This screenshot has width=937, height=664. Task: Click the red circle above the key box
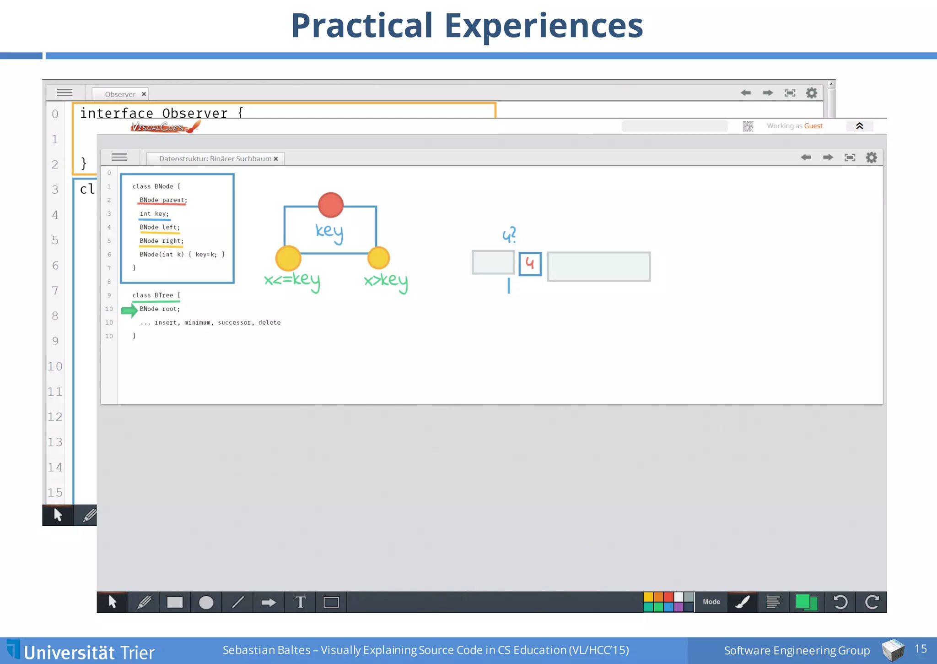pos(331,205)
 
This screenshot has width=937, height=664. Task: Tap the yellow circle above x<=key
pos(288,258)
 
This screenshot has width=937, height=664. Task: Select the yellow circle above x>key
pos(378,258)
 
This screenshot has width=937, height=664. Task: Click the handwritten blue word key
pos(329,231)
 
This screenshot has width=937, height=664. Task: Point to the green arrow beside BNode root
pos(129,310)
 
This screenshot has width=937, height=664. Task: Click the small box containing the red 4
pos(530,264)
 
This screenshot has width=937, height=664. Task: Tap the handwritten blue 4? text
pos(509,235)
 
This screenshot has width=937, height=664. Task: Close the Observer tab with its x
pos(144,94)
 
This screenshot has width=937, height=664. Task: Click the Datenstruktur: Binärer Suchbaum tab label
pos(215,158)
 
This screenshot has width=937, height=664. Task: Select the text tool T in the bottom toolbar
pos(300,602)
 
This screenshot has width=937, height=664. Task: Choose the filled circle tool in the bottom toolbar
pos(206,602)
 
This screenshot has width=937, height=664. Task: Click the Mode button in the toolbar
pos(711,602)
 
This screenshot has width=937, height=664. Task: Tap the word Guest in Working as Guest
pos(813,126)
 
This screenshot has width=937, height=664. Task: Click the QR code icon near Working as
pos(748,126)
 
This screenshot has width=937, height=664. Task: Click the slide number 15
pos(921,648)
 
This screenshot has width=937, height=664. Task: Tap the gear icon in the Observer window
pos(812,93)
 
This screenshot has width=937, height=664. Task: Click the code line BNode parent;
pos(163,200)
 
